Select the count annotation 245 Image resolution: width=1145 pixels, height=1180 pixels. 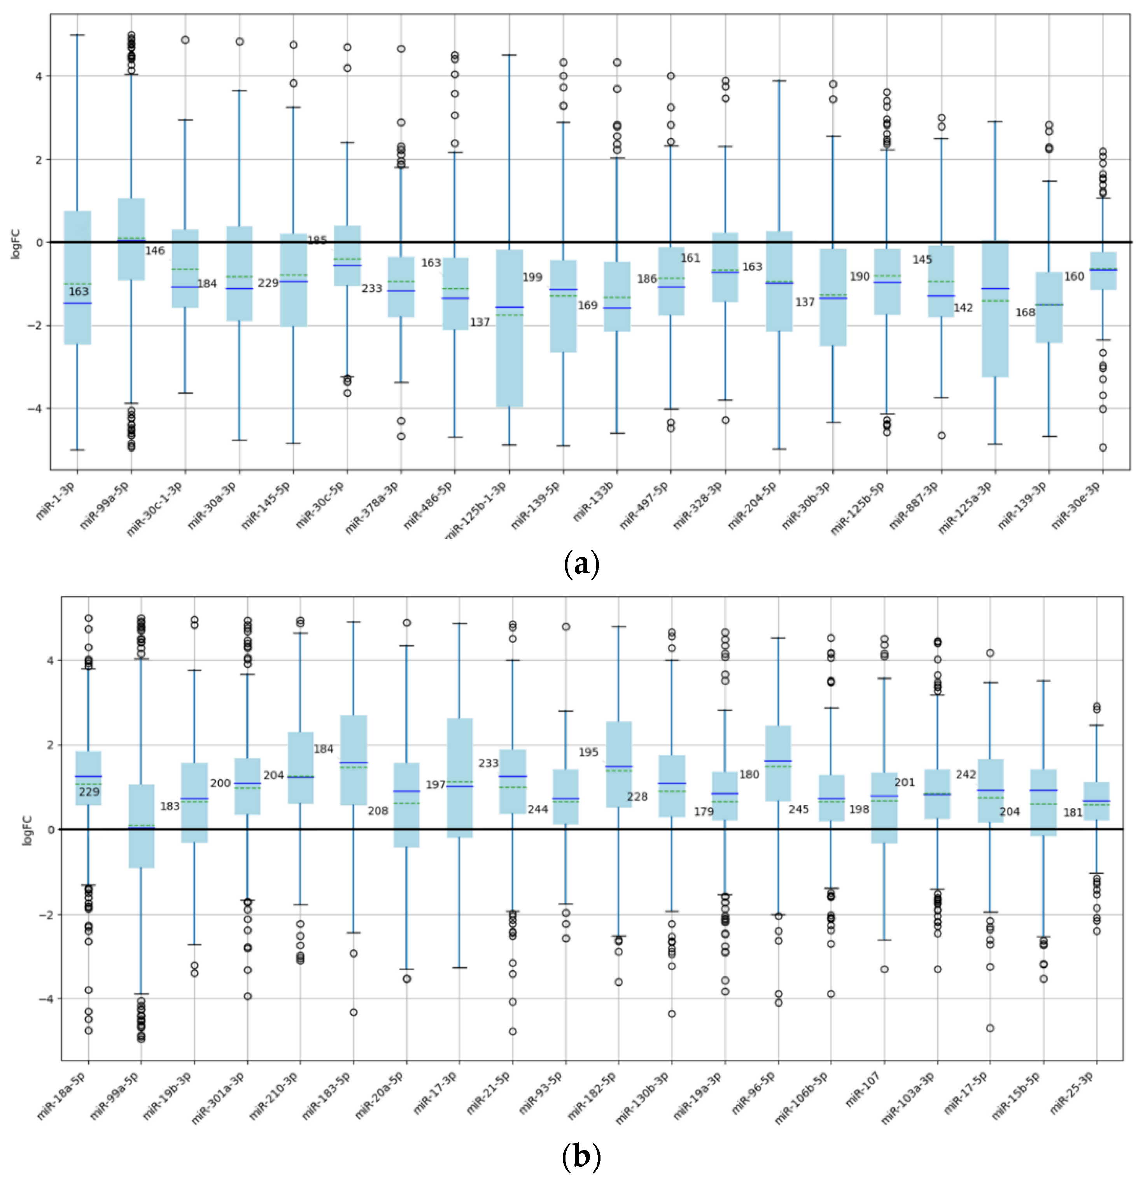click(x=799, y=809)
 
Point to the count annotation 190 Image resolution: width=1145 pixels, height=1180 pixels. click(x=860, y=276)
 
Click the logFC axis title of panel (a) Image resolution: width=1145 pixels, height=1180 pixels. click(x=16, y=243)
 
